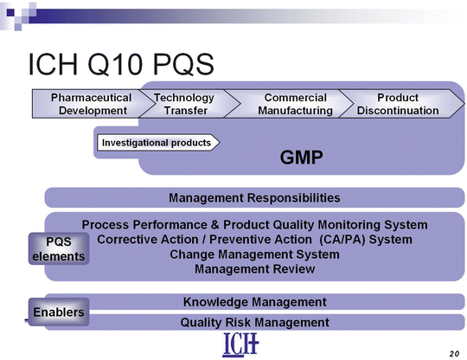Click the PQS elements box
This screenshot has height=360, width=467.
click(x=60, y=249)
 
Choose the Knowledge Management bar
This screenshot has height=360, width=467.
click(x=254, y=302)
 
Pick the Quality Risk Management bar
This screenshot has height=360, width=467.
click(x=254, y=322)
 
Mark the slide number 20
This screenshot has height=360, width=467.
click(x=455, y=353)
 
